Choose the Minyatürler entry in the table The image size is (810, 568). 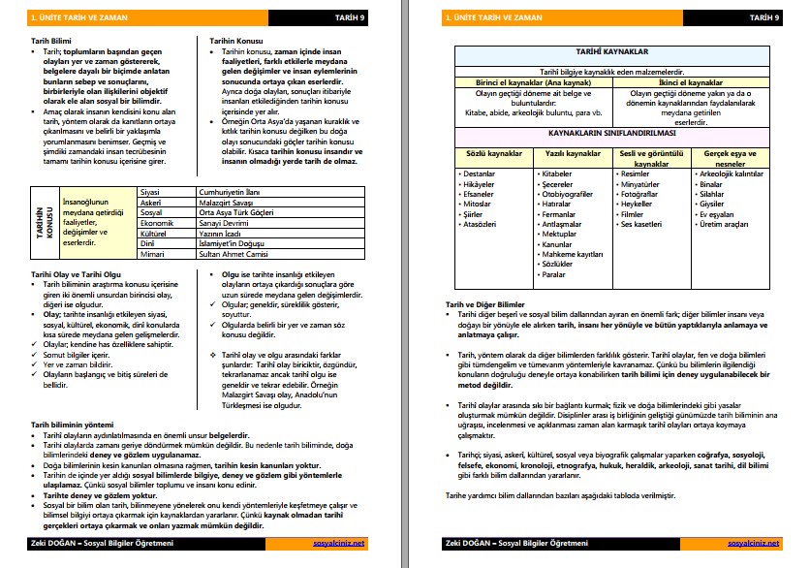640,184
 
